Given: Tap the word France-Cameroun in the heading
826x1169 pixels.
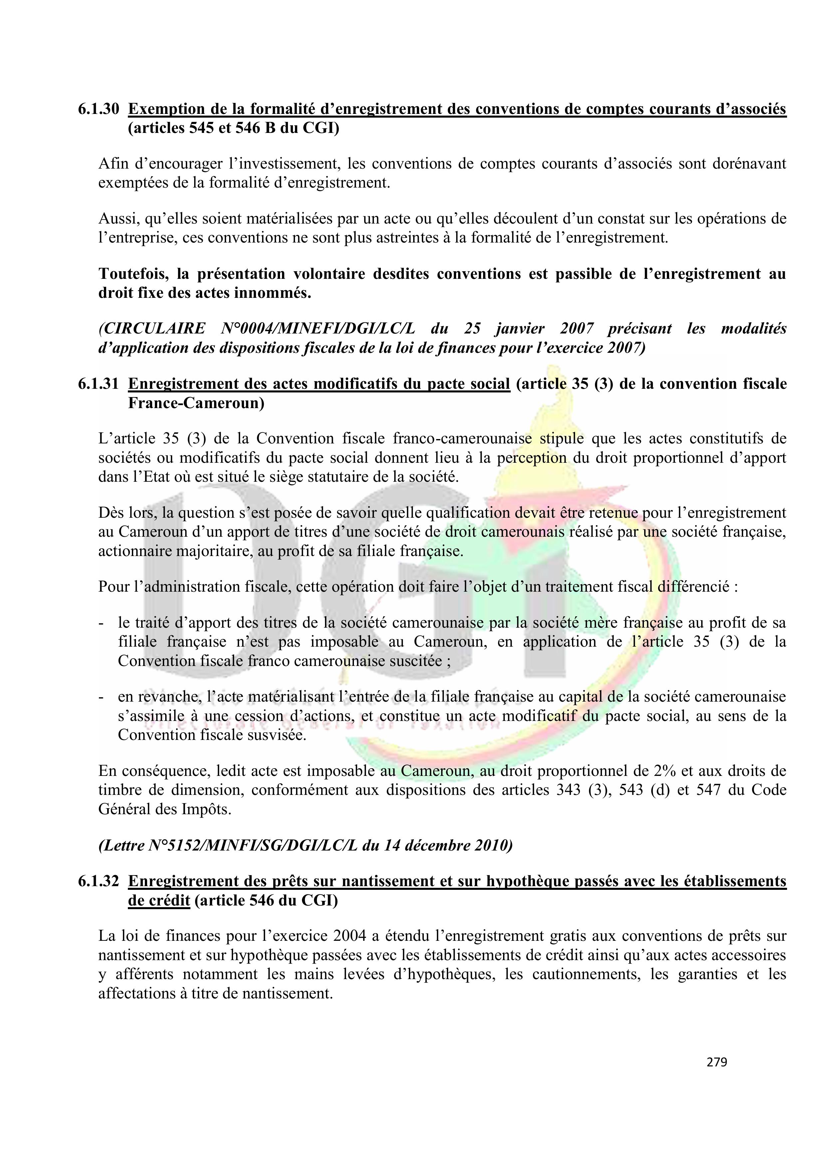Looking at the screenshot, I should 196,403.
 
